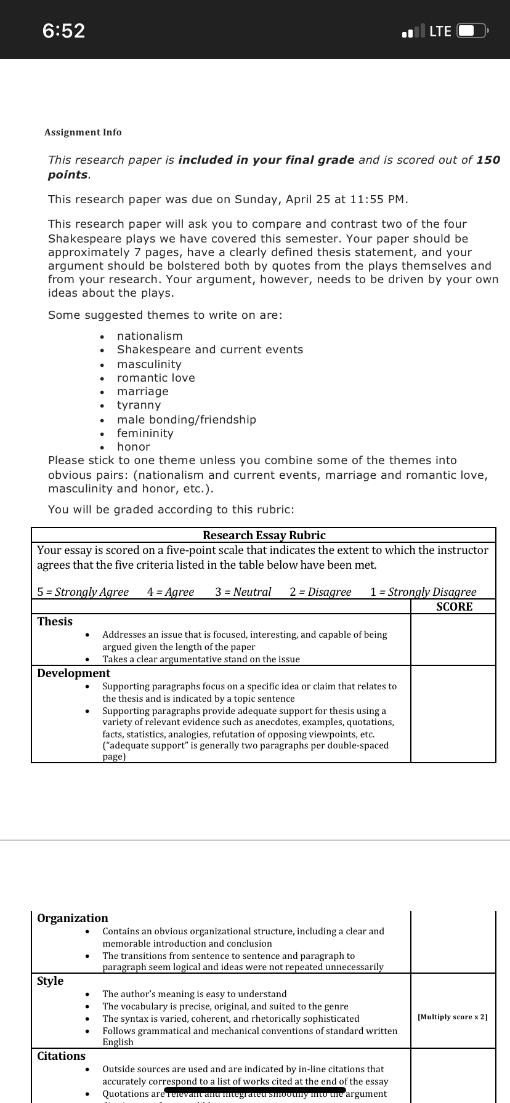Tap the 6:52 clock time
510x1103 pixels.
[x=64, y=30]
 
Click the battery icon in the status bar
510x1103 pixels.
[x=472, y=31]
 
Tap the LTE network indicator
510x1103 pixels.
[x=440, y=31]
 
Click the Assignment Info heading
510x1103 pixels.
[x=83, y=132]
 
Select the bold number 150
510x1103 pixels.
[x=488, y=160]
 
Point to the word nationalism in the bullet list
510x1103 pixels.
[x=150, y=336]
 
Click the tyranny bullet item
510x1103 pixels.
[x=139, y=405]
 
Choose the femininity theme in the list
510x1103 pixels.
[x=145, y=433]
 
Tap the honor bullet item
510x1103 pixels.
[x=134, y=447]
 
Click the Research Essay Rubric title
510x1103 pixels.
[x=264, y=535]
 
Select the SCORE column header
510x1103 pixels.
[x=454, y=607]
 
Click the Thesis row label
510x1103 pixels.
[x=55, y=622]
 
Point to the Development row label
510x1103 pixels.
[x=73, y=673]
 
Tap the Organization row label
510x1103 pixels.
[x=72, y=918]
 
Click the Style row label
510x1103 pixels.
[x=50, y=981]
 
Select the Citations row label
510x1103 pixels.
[x=61, y=1056]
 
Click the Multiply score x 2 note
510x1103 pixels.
[x=453, y=1017]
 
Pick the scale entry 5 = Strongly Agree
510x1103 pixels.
[x=83, y=592]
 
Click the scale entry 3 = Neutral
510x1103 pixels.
[x=243, y=592]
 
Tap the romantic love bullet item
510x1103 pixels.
[x=156, y=378]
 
